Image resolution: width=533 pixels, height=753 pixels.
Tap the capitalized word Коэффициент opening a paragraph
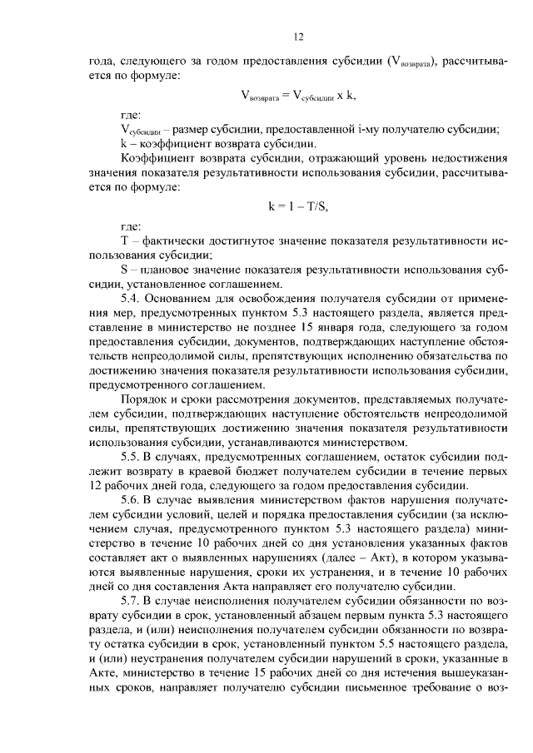[x=155, y=156]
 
